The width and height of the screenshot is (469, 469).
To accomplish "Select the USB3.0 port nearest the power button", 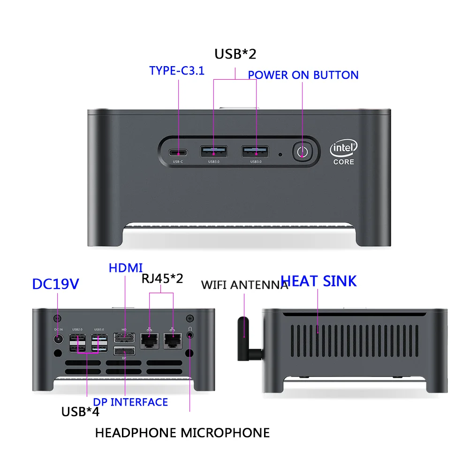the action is pos(256,151).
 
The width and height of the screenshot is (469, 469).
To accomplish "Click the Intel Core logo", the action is pos(344,153).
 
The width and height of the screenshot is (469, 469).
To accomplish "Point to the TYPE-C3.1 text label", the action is pos(177,71).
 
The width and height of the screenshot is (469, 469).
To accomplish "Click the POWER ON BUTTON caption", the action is pos(303,75).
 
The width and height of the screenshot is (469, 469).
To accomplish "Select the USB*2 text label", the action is pos(235,54).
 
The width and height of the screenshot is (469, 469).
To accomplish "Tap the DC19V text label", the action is pos(56,284).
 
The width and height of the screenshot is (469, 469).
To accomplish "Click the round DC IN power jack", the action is pos(58,338).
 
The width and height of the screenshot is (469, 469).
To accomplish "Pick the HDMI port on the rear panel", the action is pos(125,338).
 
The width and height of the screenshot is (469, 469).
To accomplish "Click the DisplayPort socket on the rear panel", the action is pos(125,352).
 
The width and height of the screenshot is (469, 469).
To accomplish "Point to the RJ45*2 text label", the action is pos(162,278).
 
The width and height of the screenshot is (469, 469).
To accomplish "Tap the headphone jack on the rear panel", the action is pos(190,335).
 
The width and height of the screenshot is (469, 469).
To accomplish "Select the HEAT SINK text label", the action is pos(318,281).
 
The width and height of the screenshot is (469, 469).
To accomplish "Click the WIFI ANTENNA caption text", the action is pos(244,285).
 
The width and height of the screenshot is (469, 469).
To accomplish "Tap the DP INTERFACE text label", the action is pos(130,402).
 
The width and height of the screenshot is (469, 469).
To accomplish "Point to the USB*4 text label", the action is pos(80,412).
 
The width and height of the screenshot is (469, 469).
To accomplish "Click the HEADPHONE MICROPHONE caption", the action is pos(182,432).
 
